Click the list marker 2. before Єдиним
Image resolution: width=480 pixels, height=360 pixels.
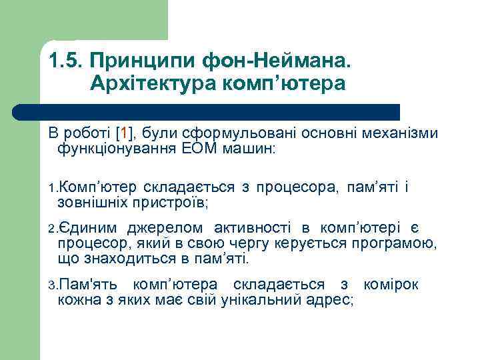point(53,230)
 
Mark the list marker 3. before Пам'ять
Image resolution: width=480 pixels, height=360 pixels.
point(53,286)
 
